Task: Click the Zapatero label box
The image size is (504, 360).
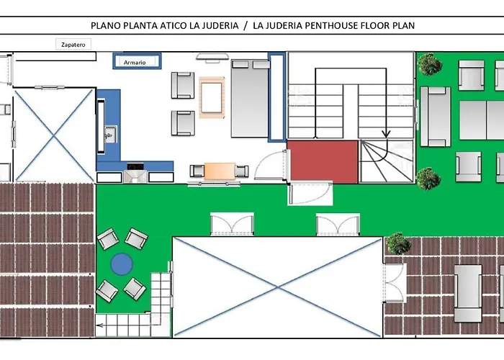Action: click(73, 45)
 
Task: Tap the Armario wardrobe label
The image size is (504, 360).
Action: click(135, 63)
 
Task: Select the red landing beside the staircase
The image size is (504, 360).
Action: click(323, 162)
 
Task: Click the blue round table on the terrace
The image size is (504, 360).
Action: click(122, 264)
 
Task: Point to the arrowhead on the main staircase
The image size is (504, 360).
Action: click(386, 133)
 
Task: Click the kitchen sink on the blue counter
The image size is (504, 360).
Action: click(110, 135)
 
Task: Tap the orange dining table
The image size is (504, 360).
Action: click(220, 171)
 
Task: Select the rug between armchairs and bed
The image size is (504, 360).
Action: click(212, 98)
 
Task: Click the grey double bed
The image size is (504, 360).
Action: click(250, 99)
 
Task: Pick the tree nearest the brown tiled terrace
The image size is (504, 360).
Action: click(398, 244)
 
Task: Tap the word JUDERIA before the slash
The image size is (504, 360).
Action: click(220, 25)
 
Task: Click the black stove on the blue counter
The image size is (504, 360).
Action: click(135, 166)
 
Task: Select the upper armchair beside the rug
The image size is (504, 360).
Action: click(183, 85)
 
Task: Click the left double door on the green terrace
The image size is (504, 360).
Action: click(232, 224)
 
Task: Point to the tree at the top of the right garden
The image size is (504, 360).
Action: click(429, 64)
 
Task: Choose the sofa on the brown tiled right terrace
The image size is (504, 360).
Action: click(468, 293)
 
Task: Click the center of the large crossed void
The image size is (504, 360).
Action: click(278, 288)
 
